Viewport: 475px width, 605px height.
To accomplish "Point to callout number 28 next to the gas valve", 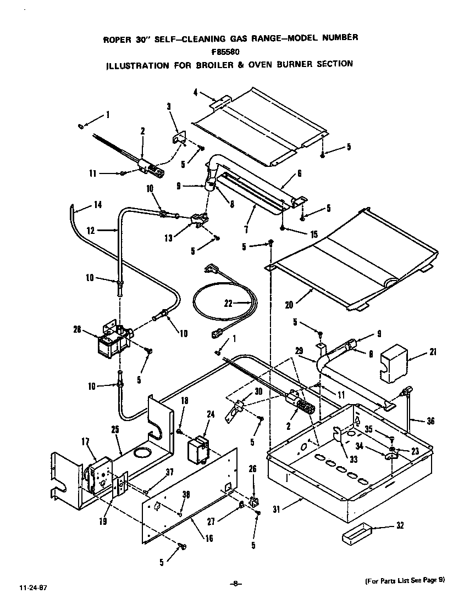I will (x=77, y=330).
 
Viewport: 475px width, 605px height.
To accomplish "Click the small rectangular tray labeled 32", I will (x=356, y=534).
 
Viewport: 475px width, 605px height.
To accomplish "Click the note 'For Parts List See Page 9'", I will (x=404, y=581).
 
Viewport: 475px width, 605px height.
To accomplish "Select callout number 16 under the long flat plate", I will (x=208, y=539).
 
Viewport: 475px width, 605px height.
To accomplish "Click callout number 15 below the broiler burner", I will (x=313, y=234).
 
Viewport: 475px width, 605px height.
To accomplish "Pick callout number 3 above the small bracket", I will (x=169, y=107).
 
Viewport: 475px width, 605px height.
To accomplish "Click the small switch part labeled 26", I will (x=253, y=501).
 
